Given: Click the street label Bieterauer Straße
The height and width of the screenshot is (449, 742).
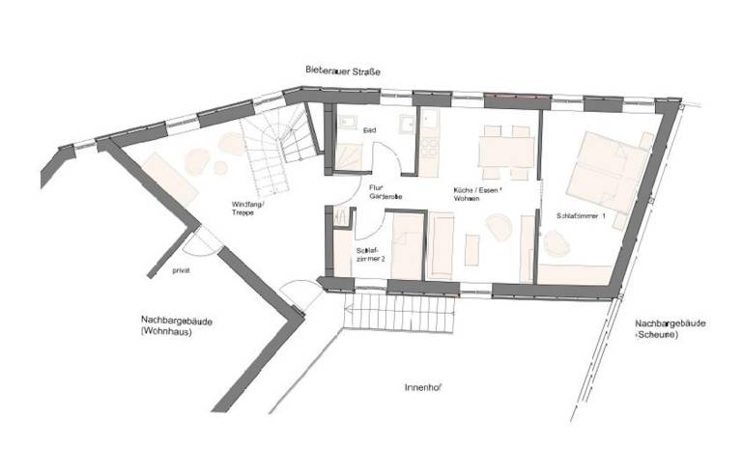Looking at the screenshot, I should pyautogui.click(x=342, y=70).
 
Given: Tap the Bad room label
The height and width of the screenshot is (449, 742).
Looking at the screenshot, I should pyautogui.click(x=368, y=129).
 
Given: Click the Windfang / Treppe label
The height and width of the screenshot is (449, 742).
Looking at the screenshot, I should pyautogui.click(x=249, y=208).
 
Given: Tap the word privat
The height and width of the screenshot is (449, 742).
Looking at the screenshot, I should pyautogui.click(x=181, y=270).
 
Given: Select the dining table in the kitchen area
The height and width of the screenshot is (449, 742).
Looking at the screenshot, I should pyautogui.click(x=506, y=153).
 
